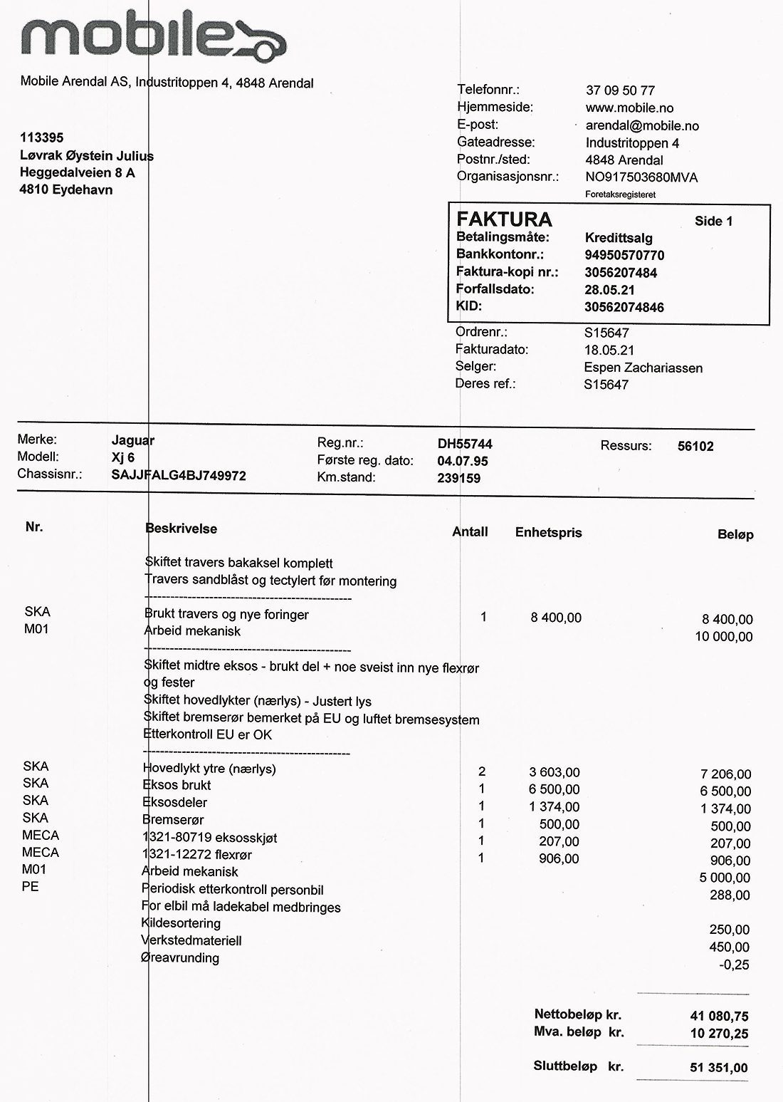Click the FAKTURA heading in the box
click(504, 219)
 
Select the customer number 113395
click(42, 137)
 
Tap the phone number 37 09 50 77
click(620, 90)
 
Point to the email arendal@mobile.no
click(642, 126)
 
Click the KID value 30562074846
click(624, 307)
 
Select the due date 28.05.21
click(609, 290)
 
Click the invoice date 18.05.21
click(609, 350)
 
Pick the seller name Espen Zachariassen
click(643, 368)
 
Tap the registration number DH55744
click(465, 444)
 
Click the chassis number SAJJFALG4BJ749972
click(179, 475)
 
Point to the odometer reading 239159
click(458, 479)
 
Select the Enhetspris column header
click(548, 532)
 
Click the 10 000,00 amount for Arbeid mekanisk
click(723, 637)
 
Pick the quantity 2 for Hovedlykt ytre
click(482, 771)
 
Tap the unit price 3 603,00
click(555, 772)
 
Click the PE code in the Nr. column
click(31, 887)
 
